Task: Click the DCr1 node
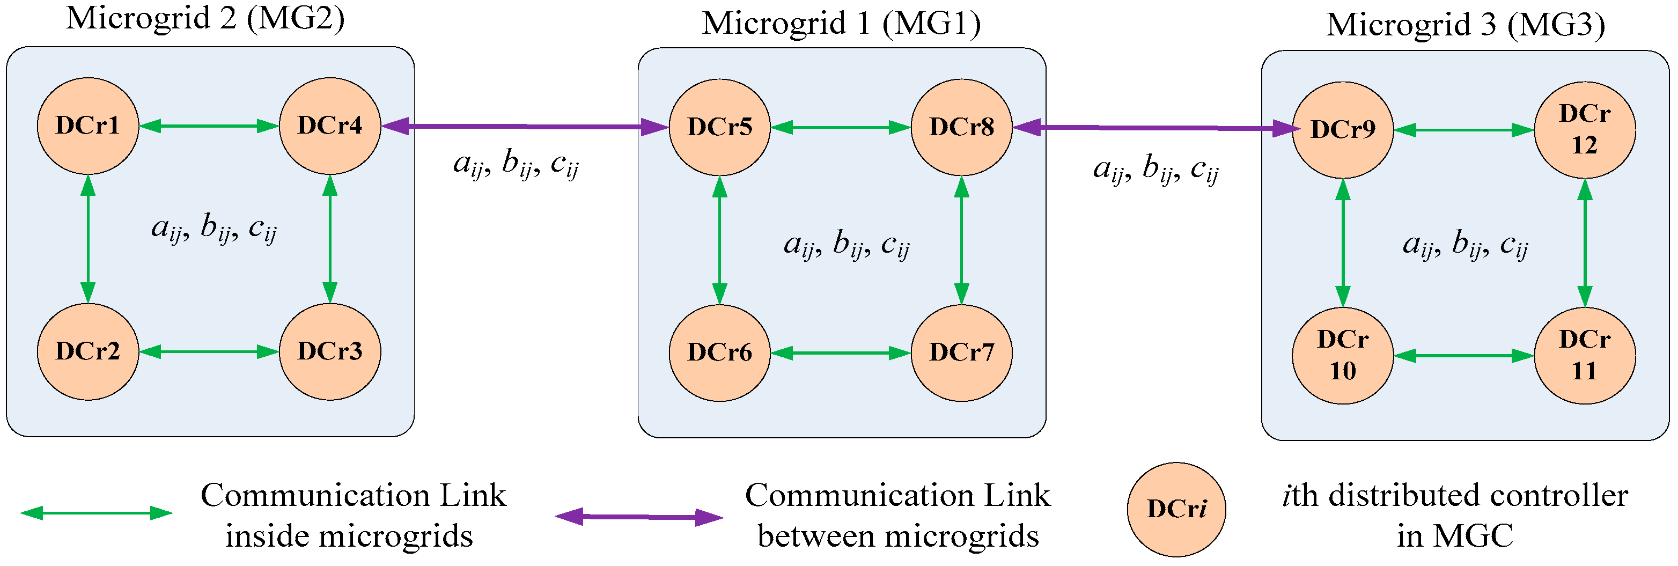click(x=88, y=126)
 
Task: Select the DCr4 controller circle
click(x=329, y=126)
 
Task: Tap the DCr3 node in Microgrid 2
click(x=329, y=352)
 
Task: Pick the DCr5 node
click(x=719, y=128)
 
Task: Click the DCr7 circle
click(x=961, y=353)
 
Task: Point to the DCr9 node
click(x=1343, y=130)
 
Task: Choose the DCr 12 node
click(x=1584, y=130)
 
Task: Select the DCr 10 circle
click(x=1343, y=356)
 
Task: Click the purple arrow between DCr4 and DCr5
click(x=525, y=127)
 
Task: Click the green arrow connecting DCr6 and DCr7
click(x=840, y=353)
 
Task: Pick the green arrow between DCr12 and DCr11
click(x=1584, y=243)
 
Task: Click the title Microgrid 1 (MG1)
click(x=841, y=24)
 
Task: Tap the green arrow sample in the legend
click(x=97, y=513)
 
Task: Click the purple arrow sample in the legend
click(x=639, y=517)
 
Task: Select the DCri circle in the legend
click(x=1176, y=509)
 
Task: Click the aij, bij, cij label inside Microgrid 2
click(x=214, y=229)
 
